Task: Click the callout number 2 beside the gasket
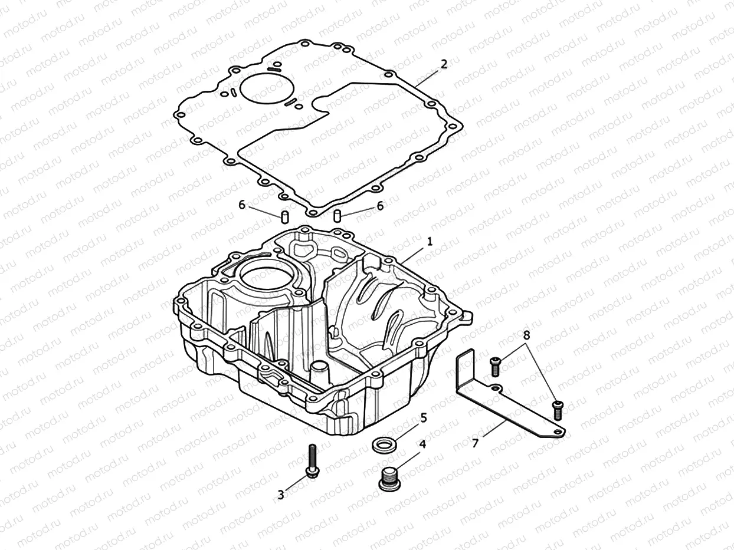click(x=444, y=64)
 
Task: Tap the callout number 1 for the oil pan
click(x=430, y=241)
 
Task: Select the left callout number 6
click(x=241, y=205)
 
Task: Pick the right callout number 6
click(x=380, y=205)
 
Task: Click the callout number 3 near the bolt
click(x=281, y=495)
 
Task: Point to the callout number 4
click(x=422, y=444)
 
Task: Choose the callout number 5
click(x=423, y=417)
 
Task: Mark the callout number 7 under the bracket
click(x=476, y=442)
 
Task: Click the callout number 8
click(x=526, y=334)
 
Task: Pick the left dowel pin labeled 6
click(x=283, y=216)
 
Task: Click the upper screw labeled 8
click(x=495, y=366)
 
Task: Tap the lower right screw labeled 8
click(x=557, y=410)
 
